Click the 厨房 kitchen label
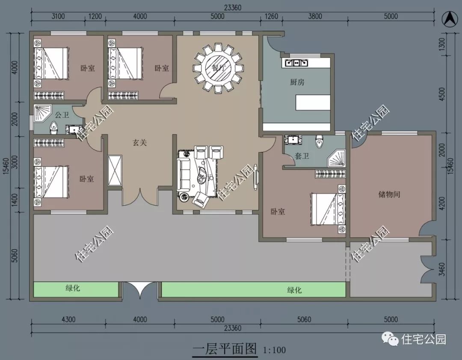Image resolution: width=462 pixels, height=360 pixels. [297, 82]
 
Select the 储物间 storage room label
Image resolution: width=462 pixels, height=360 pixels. [389, 194]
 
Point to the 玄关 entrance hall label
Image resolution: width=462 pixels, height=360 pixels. [139, 143]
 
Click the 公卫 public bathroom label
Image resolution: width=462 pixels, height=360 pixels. [62, 115]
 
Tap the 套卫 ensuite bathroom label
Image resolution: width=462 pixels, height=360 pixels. [302, 156]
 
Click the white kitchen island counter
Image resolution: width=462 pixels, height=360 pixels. [313, 103]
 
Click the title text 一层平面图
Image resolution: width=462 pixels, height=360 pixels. [225, 349]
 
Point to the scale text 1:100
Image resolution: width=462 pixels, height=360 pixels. [274, 350]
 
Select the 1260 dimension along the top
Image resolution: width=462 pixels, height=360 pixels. [271, 17]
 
